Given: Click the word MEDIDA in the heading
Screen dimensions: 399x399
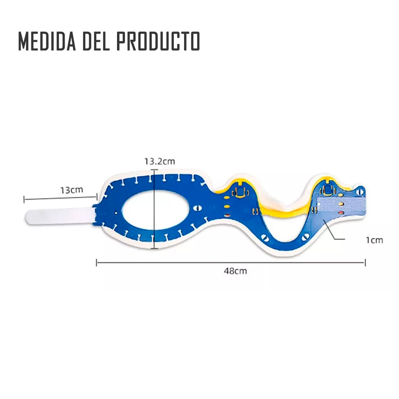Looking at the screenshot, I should (46, 41).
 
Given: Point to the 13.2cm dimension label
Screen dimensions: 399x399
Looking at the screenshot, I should (160, 162).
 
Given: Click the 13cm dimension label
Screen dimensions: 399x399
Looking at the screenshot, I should (71, 190).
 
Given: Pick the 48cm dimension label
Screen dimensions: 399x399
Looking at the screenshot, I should (235, 271).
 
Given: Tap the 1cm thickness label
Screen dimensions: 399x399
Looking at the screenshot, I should (375, 240).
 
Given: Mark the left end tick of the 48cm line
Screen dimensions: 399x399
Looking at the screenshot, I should (96, 263).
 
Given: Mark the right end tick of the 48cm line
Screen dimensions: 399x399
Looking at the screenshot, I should (365, 263).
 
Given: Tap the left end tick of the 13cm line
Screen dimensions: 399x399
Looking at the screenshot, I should (24, 199).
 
